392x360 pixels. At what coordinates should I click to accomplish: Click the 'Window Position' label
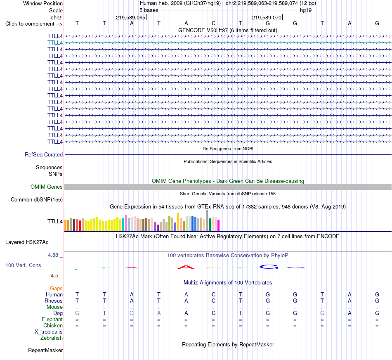43,3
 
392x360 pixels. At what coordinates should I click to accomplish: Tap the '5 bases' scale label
149,10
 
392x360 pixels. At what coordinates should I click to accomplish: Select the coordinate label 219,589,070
267,17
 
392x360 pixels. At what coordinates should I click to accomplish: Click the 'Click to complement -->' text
34,24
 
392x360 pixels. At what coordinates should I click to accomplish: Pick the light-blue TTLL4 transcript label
55,43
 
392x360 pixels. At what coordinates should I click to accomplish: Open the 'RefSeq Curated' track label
43,154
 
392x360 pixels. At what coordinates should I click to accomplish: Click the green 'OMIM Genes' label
46,187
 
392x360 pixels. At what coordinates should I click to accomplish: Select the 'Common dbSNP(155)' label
36,200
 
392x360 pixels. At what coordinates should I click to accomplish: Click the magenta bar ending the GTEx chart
219,225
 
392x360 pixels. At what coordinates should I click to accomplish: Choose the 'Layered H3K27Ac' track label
27,242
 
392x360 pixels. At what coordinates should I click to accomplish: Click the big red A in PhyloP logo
186,267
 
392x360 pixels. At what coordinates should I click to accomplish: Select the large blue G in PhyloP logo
269,267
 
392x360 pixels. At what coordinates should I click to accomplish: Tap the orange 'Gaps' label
56,289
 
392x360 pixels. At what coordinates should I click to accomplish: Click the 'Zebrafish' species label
52,338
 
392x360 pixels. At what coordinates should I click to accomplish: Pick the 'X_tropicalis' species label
49,332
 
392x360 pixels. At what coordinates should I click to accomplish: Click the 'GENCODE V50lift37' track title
203,31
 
